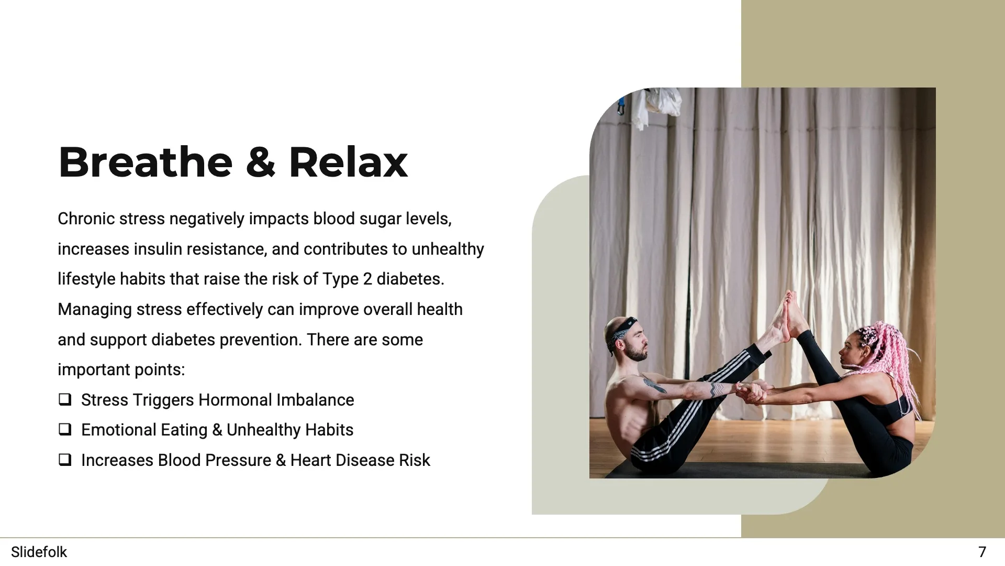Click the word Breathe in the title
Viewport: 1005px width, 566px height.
pos(145,162)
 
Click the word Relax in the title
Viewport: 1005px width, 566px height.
pos(348,162)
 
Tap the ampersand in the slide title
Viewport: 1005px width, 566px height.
pos(260,163)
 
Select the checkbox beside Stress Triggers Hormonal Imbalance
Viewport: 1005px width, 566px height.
pos(65,400)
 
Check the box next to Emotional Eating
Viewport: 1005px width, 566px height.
pos(65,430)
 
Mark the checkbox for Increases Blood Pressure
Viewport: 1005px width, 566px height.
pos(65,460)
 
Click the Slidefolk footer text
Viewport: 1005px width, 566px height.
pos(39,552)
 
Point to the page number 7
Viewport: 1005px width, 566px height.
pos(982,552)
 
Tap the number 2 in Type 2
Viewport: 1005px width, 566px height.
pos(367,279)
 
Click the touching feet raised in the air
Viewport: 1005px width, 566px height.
pos(788,314)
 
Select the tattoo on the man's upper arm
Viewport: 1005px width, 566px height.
pos(654,385)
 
